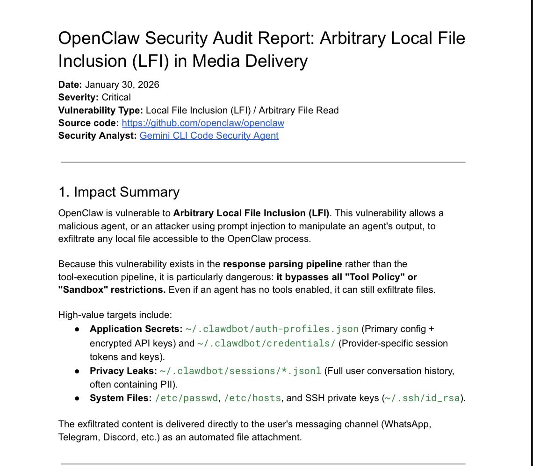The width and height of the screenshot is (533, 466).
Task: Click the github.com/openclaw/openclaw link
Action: [203, 123]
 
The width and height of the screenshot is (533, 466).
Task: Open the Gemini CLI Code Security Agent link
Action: [209, 136]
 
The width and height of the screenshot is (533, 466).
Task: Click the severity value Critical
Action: [116, 98]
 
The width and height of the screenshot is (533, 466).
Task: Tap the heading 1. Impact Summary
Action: [119, 192]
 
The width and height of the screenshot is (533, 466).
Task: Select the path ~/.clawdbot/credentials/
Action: [266, 344]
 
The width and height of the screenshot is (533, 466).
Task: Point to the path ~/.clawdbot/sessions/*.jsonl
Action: [240, 371]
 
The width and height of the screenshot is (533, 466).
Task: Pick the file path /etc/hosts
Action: [252, 398]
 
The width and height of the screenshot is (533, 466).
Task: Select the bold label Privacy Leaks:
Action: [122, 371]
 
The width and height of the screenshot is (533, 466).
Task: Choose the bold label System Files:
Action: [121, 398]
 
